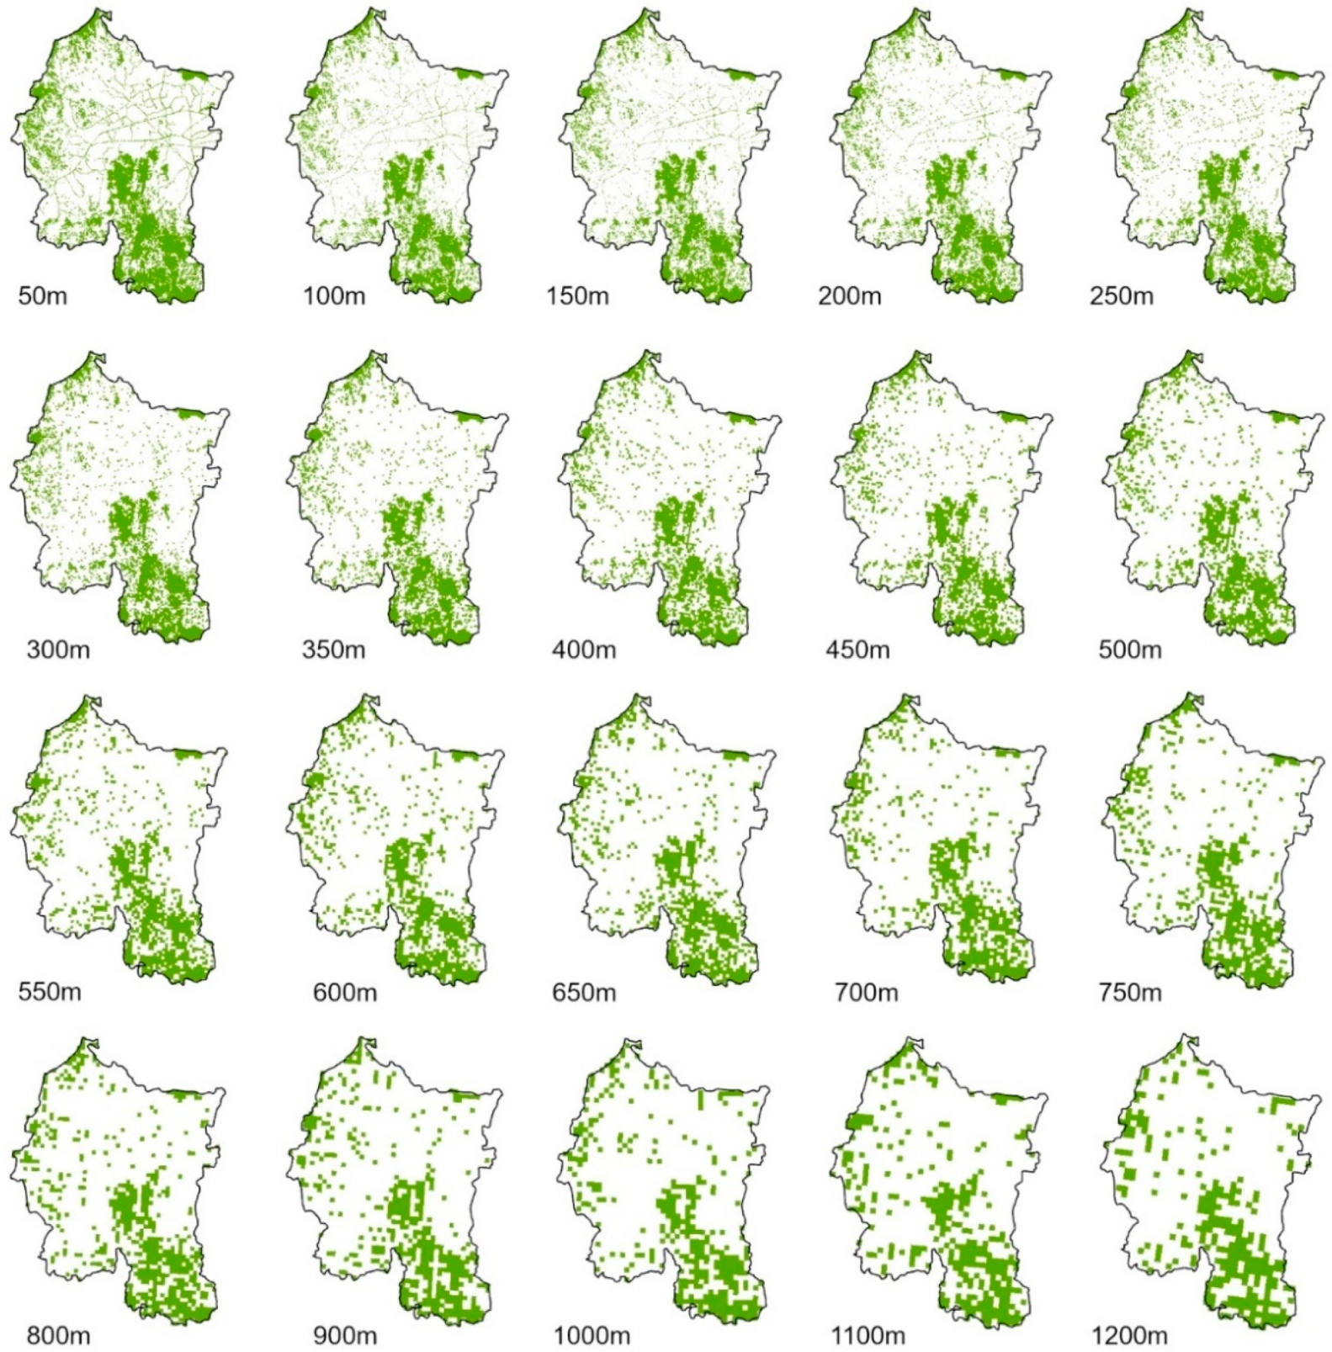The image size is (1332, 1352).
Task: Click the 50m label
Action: point(42,296)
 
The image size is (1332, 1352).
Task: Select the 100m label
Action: point(334,296)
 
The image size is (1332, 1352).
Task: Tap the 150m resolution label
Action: point(577,296)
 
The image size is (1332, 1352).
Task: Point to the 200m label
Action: point(849,296)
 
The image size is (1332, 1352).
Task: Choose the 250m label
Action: point(1121,296)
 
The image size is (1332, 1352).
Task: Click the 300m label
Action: point(58,649)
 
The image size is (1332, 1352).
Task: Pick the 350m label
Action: point(334,649)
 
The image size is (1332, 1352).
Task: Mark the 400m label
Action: point(584,649)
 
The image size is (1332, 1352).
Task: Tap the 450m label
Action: point(857,649)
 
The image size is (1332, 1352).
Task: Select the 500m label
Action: point(1129,649)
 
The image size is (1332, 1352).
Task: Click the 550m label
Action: point(50,992)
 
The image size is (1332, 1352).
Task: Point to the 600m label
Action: point(344,992)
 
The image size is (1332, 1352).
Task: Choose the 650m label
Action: point(584,992)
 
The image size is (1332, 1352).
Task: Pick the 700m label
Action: point(866,992)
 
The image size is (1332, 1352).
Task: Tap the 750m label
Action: point(1129,992)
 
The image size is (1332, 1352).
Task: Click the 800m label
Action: point(58,1335)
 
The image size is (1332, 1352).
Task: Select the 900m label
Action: point(344,1335)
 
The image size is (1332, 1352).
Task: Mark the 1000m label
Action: point(592,1335)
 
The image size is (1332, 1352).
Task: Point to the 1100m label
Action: point(868,1335)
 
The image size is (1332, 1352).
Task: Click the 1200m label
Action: point(1129,1335)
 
